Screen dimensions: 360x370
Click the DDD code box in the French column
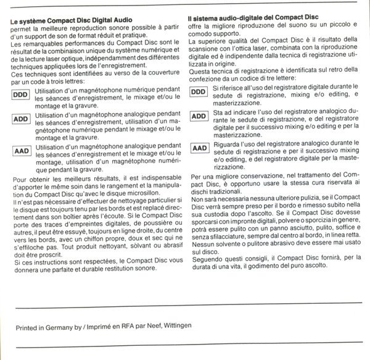pos(21,97)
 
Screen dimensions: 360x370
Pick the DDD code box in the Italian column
pos(199,92)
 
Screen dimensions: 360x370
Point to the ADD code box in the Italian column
pos(199,116)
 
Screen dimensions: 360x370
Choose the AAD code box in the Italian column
pos(199,148)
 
